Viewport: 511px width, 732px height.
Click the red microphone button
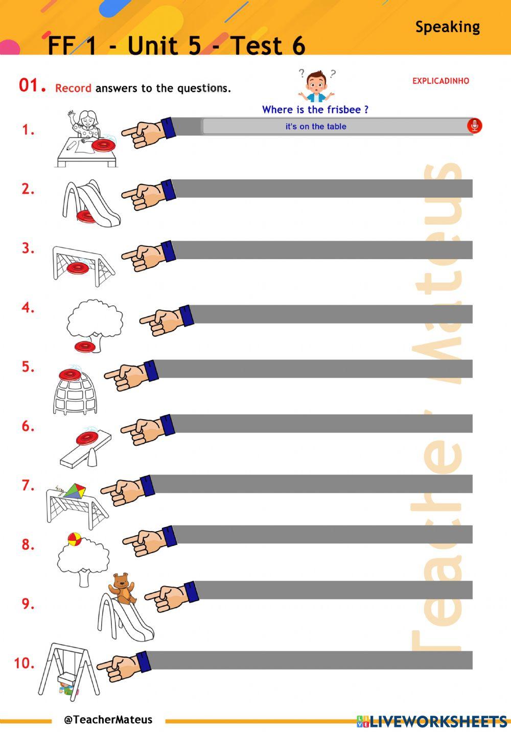coord(474,126)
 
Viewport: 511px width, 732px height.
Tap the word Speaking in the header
coord(448,27)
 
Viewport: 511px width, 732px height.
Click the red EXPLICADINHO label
coord(440,81)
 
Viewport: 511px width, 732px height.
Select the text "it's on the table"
coord(316,126)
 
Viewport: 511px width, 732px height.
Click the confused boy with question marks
coord(316,85)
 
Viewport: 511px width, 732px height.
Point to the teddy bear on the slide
coord(122,588)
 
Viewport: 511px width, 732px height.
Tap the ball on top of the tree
coord(75,539)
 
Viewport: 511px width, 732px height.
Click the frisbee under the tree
coord(85,347)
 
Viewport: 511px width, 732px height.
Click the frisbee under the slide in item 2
coord(86,217)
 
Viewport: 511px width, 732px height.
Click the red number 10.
coord(24,663)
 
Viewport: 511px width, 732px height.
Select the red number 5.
coord(28,367)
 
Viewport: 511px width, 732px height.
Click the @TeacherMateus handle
coord(108,720)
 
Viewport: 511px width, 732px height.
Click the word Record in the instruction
coord(73,88)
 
